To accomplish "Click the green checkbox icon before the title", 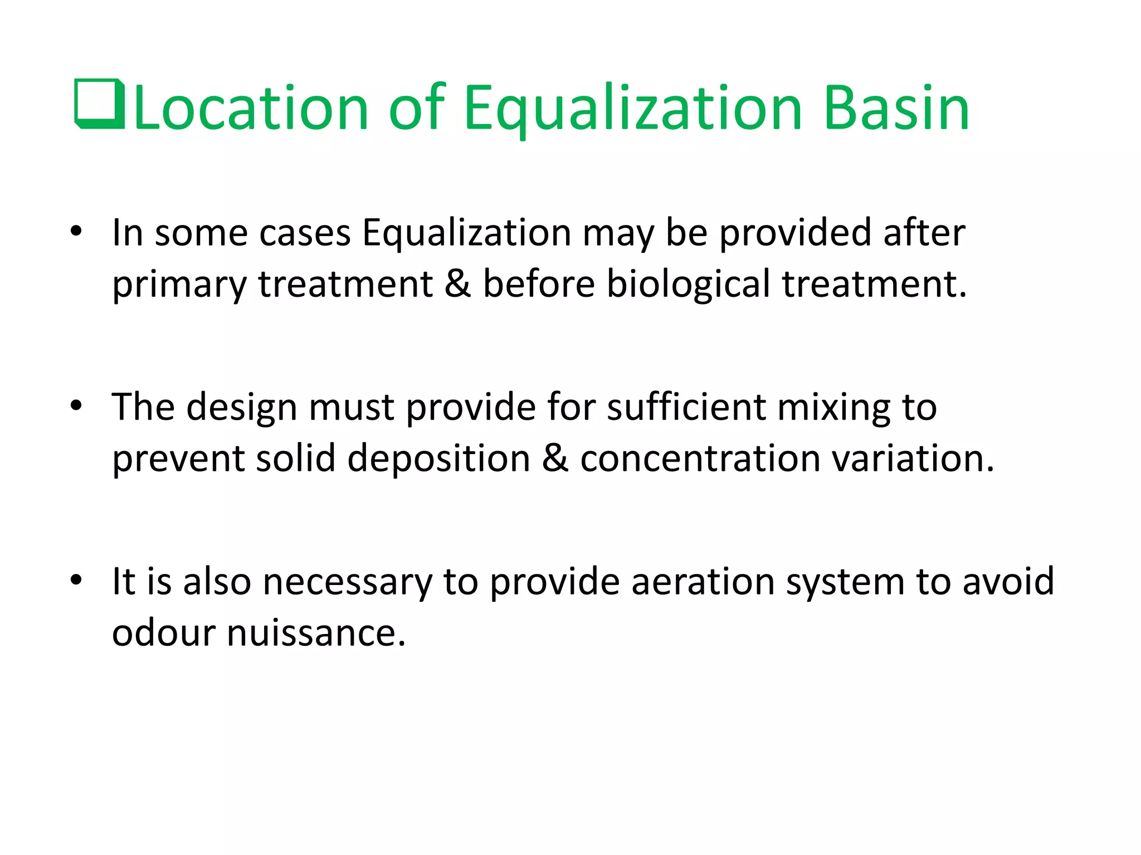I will coord(100,104).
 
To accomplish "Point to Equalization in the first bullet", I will coord(466,233).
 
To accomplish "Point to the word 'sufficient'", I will coord(686,407).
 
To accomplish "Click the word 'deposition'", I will coord(438,459).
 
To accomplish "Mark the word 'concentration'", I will coord(700,459).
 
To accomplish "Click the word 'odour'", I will coord(164,633).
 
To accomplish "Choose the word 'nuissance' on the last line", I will coord(316,633).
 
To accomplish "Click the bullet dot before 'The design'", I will coord(76,406).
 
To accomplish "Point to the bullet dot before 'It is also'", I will coord(76,580).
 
